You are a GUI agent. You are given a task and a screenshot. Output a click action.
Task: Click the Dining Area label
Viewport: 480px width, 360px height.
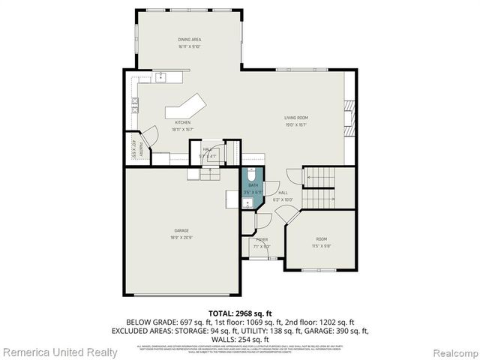click(190, 39)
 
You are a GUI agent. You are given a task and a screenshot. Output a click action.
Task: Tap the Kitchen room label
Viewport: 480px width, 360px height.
click(183, 122)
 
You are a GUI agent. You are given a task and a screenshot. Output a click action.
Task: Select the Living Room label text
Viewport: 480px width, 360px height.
click(295, 118)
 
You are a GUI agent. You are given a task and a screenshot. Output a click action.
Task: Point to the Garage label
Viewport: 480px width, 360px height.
click(182, 230)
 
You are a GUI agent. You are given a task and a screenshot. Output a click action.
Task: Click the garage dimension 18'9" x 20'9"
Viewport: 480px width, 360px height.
click(182, 237)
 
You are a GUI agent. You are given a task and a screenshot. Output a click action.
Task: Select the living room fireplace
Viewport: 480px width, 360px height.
click(347, 115)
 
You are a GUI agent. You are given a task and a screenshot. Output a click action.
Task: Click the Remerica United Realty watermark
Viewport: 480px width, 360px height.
click(60, 352)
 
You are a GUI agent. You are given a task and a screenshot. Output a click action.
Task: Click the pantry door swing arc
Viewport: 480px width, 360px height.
click(151, 136)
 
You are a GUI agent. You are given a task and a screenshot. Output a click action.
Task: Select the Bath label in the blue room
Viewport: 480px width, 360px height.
click(253, 185)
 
